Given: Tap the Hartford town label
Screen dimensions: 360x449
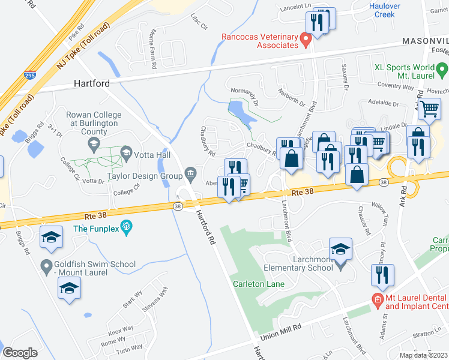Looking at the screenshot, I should [x=92, y=84].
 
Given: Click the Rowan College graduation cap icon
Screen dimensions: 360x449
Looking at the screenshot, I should [x=94, y=144].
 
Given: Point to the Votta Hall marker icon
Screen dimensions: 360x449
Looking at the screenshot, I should [x=126, y=155].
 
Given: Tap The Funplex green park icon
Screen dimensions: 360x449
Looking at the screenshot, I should [x=126, y=227].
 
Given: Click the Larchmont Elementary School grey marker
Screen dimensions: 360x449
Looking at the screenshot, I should [x=341, y=264].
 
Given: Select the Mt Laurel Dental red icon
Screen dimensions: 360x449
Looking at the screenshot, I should [x=377, y=298].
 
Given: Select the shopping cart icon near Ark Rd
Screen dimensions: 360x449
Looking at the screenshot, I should [x=430, y=109].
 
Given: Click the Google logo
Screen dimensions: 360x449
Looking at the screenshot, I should [x=19, y=352].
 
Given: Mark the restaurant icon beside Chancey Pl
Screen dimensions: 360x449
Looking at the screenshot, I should [x=382, y=274].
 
